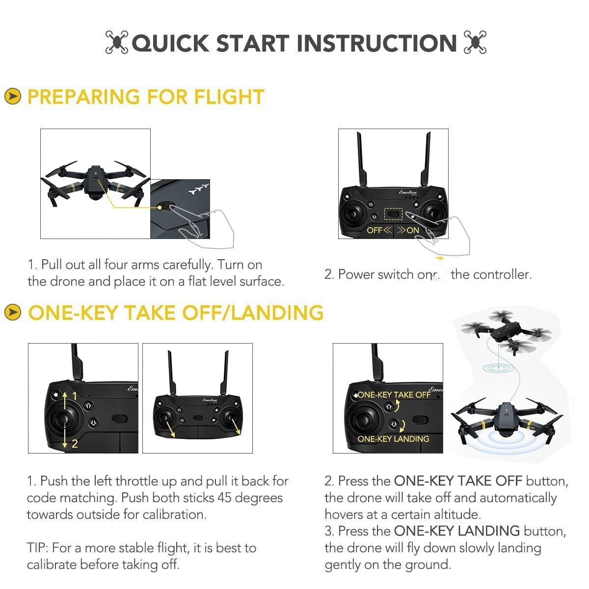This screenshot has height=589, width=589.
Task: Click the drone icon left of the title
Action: [x=117, y=43]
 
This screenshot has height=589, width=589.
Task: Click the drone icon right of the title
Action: [x=475, y=43]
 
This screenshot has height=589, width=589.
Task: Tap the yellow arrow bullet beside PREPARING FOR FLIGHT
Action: [x=12, y=97]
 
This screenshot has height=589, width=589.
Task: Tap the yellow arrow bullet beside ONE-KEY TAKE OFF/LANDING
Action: [x=12, y=313]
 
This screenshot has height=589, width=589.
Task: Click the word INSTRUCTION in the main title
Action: [x=377, y=43]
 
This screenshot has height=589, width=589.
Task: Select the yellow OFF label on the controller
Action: [x=375, y=230]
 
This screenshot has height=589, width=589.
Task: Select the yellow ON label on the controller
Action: [x=413, y=230]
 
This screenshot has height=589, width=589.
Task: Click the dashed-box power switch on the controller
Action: [x=393, y=214]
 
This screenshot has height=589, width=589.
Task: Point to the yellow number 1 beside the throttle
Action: [x=75, y=396]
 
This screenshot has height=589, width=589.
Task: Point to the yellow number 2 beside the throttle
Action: [x=75, y=444]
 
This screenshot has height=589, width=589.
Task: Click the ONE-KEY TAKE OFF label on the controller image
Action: [x=394, y=395]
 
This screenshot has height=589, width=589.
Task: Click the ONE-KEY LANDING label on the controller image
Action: [x=393, y=439]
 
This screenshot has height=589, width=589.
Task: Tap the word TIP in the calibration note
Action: [x=37, y=548]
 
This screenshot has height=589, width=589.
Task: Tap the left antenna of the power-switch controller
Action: [x=360, y=157]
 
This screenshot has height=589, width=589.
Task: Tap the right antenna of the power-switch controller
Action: [x=426, y=157]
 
